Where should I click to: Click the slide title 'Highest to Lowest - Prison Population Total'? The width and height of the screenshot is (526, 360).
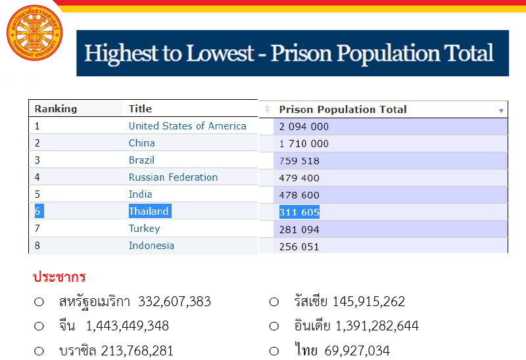(289, 53)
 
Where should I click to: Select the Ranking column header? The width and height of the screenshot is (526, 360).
(56, 109)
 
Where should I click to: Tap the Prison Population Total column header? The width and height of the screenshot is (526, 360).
(343, 110)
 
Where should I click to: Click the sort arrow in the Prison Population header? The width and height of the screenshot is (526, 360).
(501, 110)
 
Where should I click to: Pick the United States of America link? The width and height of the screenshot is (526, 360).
(187, 126)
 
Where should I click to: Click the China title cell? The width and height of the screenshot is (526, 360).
(142, 143)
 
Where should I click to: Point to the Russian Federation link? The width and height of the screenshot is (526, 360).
(173, 177)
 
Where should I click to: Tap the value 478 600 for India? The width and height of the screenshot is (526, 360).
(299, 195)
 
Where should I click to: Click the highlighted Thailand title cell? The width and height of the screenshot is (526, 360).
(149, 212)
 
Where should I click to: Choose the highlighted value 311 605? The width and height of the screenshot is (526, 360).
(299, 212)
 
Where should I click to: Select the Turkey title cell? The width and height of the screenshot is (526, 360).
(144, 229)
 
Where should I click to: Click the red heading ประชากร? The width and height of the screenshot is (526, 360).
(59, 277)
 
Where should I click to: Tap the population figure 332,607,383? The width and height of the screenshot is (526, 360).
(174, 302)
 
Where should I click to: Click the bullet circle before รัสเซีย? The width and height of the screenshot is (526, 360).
(274, 302)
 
